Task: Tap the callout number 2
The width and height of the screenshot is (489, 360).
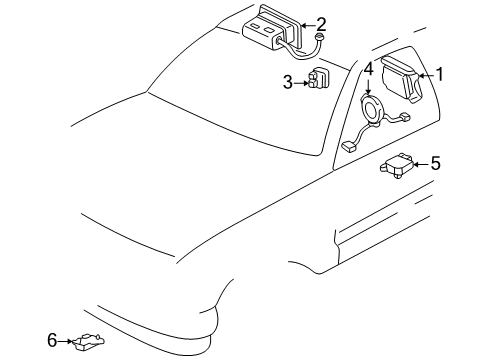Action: pos(321,22)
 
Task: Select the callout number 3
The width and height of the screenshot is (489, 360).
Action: pos(286,83)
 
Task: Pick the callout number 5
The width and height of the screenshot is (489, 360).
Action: pos(435,162)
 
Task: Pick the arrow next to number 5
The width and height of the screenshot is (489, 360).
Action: pos(419,163)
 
